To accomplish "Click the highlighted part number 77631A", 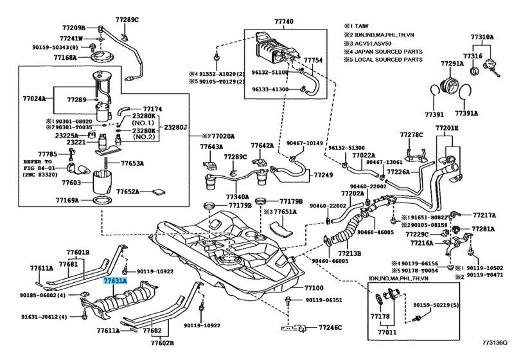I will click(116, 282).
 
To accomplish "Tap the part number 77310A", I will click(482, 38).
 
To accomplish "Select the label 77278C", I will click(411, 135).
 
